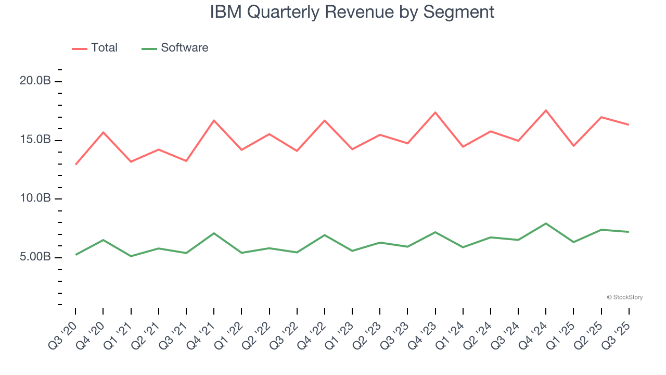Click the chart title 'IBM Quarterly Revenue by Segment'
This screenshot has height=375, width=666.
352,11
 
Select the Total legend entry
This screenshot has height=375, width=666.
95,48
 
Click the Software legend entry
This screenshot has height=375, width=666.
175,48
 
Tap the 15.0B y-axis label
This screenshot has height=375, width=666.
36,140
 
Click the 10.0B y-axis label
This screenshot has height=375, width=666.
36,198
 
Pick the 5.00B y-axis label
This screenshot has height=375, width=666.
36,257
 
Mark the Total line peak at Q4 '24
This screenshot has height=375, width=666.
546,110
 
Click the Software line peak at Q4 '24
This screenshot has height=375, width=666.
546,223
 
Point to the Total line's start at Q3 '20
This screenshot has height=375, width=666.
75,165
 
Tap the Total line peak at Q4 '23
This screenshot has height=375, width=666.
435,113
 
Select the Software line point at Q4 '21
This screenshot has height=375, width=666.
214,233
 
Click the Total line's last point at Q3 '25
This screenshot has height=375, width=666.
629,124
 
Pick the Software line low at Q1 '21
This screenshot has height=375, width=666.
131,256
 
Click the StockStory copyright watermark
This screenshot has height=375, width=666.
625,297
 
